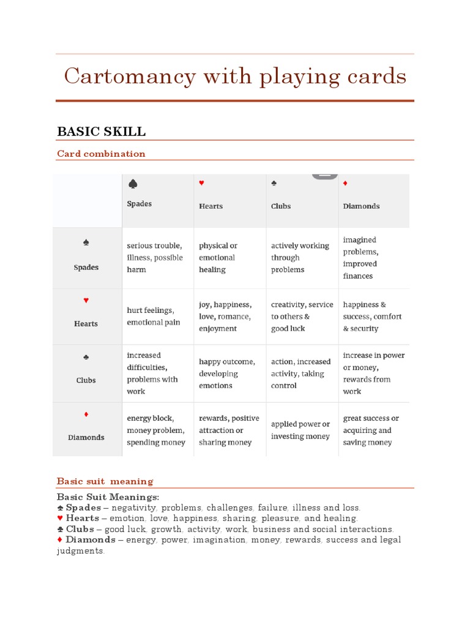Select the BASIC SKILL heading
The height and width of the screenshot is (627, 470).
tap(101, 132)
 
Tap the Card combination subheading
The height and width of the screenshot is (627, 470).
tap(101, 154)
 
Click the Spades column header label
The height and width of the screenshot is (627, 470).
tap(139, 204)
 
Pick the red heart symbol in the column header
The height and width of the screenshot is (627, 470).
tap(201, 183)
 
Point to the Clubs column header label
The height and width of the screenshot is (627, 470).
tap(281, 206)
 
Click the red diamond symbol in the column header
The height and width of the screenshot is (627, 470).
tap(345, 183)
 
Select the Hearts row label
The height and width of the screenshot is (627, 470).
tap(86, 323)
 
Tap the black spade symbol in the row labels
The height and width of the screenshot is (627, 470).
tap(86, 243)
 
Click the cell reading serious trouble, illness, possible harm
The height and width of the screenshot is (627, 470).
tap(154, 258)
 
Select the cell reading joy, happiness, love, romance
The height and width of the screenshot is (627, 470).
tap(225, 317)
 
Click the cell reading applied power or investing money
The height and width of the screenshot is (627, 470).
tap(300, 430)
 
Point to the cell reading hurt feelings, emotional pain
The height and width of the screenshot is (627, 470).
tap(153, 317)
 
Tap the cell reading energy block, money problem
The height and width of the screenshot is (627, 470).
tap(155, 430)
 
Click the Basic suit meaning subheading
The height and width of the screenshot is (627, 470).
tap(105, 481)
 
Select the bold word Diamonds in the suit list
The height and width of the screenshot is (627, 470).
tap(90, 540)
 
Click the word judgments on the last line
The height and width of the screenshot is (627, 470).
tap(80, 551)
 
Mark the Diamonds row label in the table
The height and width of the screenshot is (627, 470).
tap(86, 437)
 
